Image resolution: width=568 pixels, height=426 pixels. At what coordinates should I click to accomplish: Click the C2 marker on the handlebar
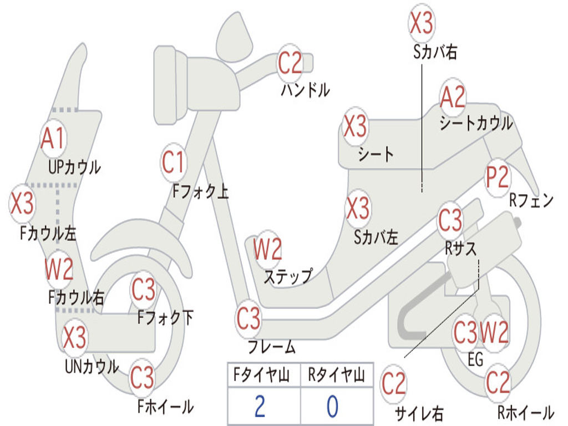pos(290,63)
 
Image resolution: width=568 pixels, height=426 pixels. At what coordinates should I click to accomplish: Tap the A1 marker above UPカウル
pos(53,138)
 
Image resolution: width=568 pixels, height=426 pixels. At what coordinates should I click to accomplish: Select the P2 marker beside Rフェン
pos(497,177)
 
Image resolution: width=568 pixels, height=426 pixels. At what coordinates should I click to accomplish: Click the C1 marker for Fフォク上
pos(173,162)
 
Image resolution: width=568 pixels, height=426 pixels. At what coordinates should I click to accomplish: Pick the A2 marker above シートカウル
pos(453,97)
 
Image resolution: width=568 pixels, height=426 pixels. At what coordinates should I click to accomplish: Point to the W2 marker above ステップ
pos(267,249)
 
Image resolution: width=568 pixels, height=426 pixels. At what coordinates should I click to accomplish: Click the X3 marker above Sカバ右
pos(422,23)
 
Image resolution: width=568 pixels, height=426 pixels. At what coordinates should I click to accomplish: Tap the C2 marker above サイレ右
pos(393,384)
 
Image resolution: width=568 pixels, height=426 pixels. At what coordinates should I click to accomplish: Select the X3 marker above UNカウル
pos(75,337)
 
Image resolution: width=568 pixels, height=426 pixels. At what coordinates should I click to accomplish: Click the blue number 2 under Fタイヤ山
pos(260,406)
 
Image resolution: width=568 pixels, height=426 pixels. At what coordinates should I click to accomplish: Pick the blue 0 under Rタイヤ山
pos(333,406)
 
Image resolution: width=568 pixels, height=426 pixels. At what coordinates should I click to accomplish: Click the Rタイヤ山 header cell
pos(337,374)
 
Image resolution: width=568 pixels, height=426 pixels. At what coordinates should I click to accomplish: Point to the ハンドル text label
pos(306,89)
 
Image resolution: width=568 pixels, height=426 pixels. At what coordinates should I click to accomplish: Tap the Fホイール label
pos(165,407)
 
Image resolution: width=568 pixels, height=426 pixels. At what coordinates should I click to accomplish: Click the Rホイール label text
pos(526,412)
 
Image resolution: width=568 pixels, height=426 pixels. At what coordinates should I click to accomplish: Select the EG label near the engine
pos(475,359)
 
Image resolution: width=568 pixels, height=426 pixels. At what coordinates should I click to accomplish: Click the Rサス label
pos(460,248)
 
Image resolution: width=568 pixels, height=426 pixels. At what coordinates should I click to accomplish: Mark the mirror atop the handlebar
pos(235,38)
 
